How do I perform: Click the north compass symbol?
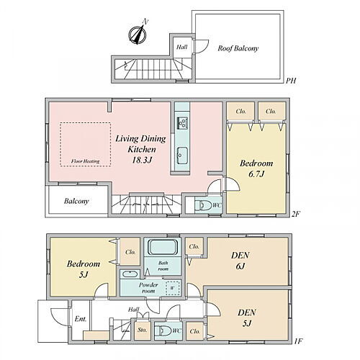point(138,34)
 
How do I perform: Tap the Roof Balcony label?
point(238,48)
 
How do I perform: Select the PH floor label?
point(291,81)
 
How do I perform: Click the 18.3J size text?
point(142,160)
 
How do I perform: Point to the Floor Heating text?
point(85,161)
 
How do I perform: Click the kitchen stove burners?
point(182,123)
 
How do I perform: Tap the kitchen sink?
point(182,156)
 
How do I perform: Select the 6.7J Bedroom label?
point(256,168)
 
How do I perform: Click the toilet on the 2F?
point(203,205)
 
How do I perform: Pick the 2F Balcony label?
point(76,201)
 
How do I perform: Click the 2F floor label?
point(295,214)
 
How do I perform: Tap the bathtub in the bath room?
point(163,248)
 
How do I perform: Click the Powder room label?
point(148,288)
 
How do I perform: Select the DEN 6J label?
point(240,261)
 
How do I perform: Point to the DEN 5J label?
point(247,318)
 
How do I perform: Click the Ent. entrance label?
point(81,319)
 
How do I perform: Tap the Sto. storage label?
point(142,330)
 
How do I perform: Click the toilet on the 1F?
point(163,331)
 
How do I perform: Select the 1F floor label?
point(298,341)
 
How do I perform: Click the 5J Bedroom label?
point(84,269)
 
